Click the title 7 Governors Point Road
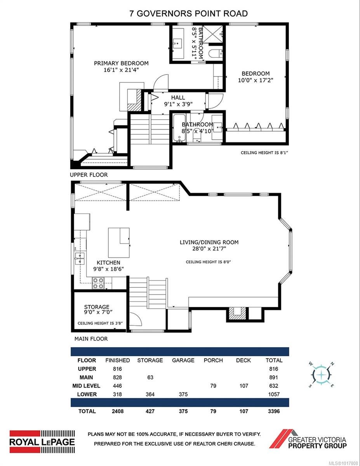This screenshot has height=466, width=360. (x=188, y=14)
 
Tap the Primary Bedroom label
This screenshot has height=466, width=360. (x=121, y=63)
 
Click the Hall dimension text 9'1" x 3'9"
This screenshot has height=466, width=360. (x=178, y=104)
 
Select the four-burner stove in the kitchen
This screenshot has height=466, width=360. (x=98, y=283)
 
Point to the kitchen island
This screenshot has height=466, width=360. (x=119, y=243)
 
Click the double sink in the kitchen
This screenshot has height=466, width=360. (x=80, y=258)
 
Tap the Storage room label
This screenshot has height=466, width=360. (x=97, y=307)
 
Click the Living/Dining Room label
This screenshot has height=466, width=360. (x=209, y=242)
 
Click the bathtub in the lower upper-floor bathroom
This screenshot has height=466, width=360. (x=179, y=128)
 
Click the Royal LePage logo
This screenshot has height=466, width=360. (x=42, y=442)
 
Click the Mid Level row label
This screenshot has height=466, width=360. (x=86, y=386)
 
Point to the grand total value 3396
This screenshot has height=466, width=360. (x=274, y=411)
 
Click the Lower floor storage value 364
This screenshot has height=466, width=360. (x=150, y=394)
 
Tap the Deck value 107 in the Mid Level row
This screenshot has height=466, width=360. (x=243, y=386)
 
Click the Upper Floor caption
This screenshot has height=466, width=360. (x=89, y=175)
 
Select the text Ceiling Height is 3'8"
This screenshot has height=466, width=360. (x=100, y=323)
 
